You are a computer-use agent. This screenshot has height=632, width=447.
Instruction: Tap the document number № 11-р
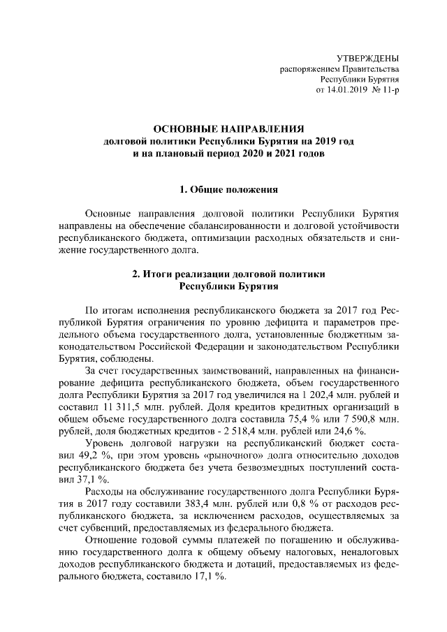click(x=387, y=91)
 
